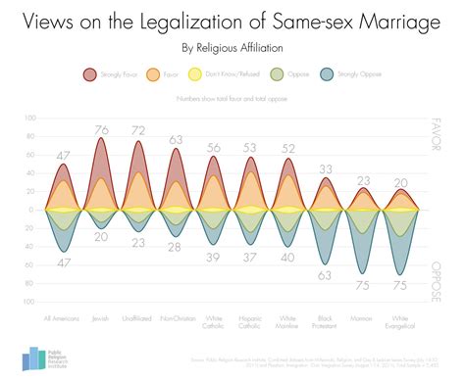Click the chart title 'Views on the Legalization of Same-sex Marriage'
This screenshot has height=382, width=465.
tap(232, 21)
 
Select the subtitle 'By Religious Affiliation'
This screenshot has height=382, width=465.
tap(232, 46)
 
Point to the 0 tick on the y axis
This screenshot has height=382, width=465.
tap(32, 210)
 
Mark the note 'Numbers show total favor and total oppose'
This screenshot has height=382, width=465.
tap(232, 99)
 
